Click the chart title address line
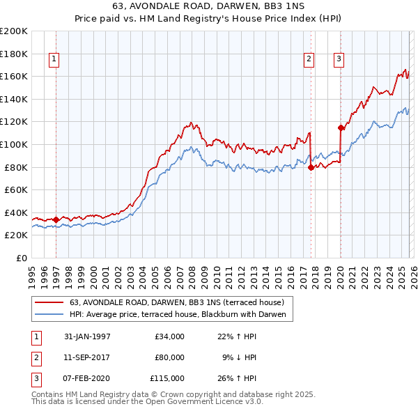208,6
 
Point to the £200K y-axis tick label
14,31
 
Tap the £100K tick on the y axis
14,144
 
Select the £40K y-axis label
16,212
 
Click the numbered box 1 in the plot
54,60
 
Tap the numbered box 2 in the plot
308,60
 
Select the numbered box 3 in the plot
339,60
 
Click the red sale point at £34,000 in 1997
56,219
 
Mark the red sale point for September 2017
311,167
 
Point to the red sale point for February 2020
341,127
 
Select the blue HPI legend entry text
179,315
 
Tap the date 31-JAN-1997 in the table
87,336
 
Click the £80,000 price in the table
169,357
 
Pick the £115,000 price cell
167,378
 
